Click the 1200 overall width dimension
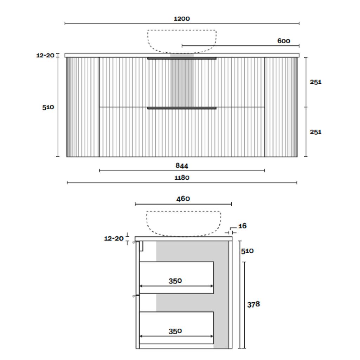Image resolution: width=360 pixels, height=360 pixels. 182,19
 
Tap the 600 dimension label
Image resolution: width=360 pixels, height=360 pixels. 284,41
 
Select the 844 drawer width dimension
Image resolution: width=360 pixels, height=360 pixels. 182,165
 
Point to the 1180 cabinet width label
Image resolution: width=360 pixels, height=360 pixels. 182,178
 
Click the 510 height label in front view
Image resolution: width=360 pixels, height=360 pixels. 48,107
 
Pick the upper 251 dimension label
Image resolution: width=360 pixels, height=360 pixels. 316,82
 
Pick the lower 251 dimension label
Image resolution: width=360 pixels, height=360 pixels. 316,132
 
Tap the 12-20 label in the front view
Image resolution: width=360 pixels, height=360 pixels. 45,55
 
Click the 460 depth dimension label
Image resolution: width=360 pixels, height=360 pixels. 183,199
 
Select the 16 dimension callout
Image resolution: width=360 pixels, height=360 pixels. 242,226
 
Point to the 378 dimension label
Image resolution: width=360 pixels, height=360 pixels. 253,304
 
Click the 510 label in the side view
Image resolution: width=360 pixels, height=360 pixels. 247,251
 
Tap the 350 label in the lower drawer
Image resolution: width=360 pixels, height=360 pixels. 175,331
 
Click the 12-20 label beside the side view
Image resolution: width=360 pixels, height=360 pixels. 114,238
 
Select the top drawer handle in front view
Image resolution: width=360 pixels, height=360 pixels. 182,58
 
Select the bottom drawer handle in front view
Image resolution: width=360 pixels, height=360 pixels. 182,108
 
